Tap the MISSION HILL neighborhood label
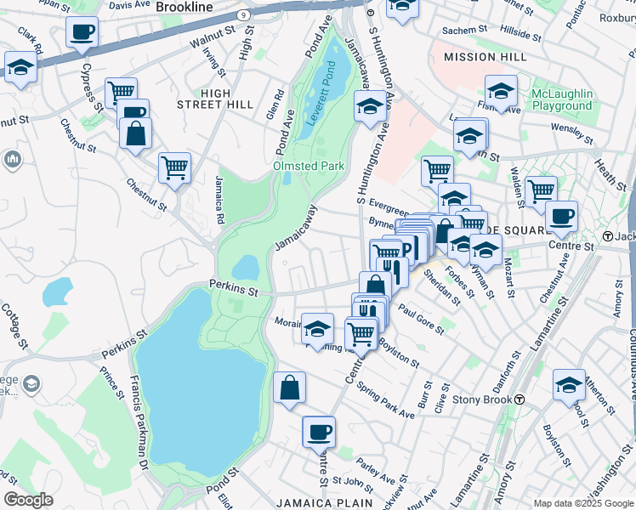480,57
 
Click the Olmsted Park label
309,166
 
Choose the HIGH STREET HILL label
214,98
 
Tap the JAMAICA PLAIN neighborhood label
331,502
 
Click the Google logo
28,500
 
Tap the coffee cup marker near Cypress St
82,33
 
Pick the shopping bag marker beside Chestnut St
135,134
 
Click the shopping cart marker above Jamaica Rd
174,169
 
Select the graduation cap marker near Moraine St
318,330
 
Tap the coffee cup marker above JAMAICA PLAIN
319,433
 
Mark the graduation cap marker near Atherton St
569,386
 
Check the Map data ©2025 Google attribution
582,503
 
